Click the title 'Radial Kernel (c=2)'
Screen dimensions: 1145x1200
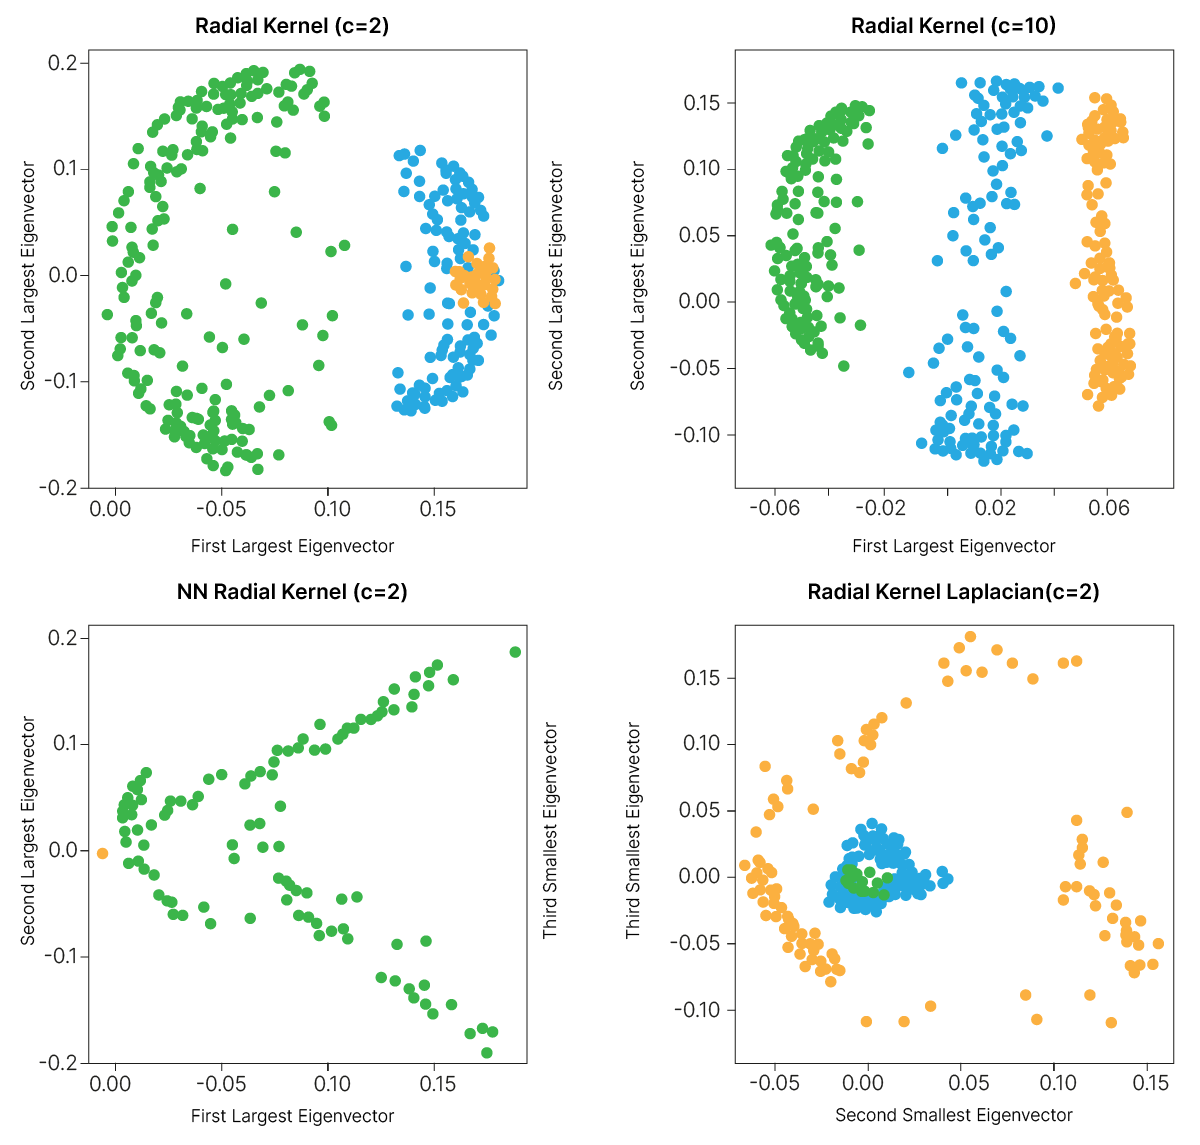coord(292,26)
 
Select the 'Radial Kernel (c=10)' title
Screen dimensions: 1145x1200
coord(953,26)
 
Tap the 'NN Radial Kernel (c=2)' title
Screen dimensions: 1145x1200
coord(292,592)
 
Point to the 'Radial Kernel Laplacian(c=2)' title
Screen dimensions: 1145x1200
coord(953,592)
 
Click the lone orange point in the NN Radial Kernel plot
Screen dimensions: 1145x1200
coord(102,853)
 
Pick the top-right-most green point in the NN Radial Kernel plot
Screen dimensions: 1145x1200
coord(515,652)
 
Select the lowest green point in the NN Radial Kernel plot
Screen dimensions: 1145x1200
coord(487,1052)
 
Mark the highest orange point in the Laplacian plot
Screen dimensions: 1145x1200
coord(970,637)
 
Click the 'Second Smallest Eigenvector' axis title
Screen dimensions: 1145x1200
coord(953,1115)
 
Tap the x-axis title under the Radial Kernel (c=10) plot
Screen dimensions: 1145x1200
coord(953,546)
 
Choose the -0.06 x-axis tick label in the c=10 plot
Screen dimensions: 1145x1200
coord(775,508)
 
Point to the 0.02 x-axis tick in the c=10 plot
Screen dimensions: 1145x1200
coord(995,508)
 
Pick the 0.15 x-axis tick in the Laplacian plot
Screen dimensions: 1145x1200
coord(1150,1083)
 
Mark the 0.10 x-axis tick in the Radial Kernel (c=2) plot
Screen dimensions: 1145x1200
coord(332,508)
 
